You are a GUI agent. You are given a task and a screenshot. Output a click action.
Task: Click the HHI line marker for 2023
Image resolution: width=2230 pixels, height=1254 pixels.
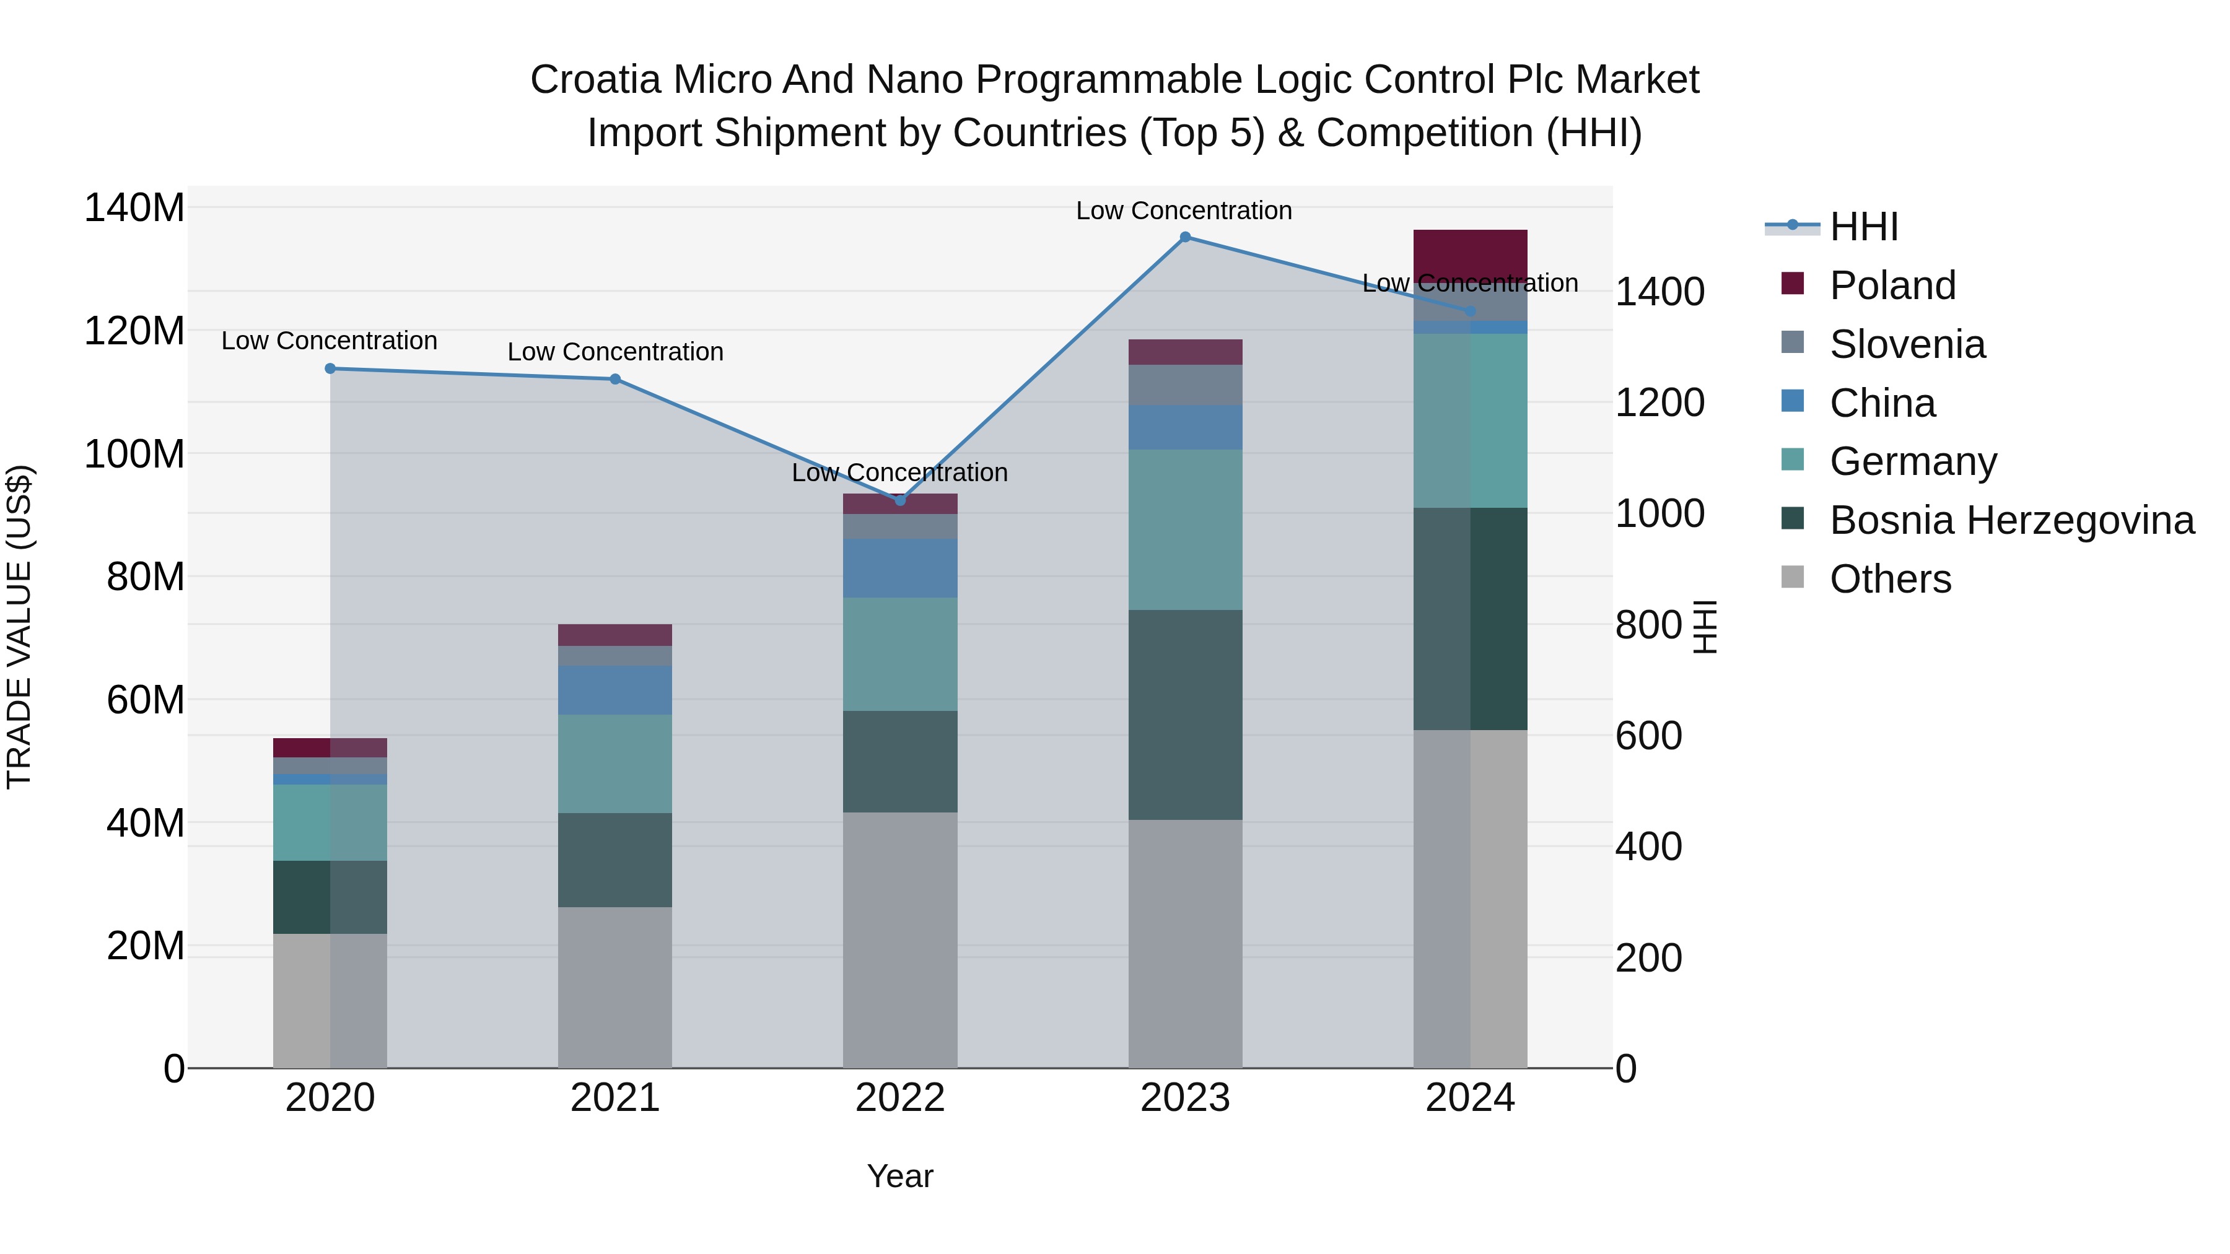pyautogui.click(x=1185, y=237)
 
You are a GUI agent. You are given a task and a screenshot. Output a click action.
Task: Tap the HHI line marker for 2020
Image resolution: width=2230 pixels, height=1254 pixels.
pyautogui.click(x=330, y=368)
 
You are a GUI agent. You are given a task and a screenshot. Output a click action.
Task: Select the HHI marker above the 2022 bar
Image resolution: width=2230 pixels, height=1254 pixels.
pyautogui.click(x=899, y=500)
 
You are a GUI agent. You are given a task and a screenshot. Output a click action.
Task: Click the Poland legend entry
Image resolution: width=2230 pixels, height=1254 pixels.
pyautogui.click(x=1892, y=285)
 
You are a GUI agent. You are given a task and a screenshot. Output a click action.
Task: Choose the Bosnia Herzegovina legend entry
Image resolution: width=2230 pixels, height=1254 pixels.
pyautogui.click(x=2011, y=520)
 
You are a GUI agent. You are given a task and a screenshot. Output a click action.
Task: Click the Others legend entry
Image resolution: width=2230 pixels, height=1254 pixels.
pyautogui.click(x=1890, y=579)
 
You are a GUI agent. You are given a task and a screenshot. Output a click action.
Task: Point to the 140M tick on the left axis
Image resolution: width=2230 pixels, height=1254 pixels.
pyautogui.click(x=134, y=209)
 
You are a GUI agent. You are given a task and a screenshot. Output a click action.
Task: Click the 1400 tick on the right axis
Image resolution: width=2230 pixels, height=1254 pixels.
pyautogui.click(x=1659, y=292)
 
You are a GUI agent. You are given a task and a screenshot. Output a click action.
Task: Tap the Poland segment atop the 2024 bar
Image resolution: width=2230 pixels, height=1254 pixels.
pyautogui.click(x=1470, y=255)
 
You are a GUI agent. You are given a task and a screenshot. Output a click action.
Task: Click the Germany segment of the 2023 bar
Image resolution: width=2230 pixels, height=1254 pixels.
pyautogui.click(x=1185, y=529)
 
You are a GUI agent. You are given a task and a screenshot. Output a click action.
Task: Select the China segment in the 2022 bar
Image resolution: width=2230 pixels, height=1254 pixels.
pyautogui.click(x=899, y=568)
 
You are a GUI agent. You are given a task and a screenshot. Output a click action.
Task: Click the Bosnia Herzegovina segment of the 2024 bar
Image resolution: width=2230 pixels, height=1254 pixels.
pyautogui.click(x=1470, y=619)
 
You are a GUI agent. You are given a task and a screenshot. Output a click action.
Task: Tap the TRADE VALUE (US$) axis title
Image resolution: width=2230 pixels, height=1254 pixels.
pyautogui.click(x=19, y=627)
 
